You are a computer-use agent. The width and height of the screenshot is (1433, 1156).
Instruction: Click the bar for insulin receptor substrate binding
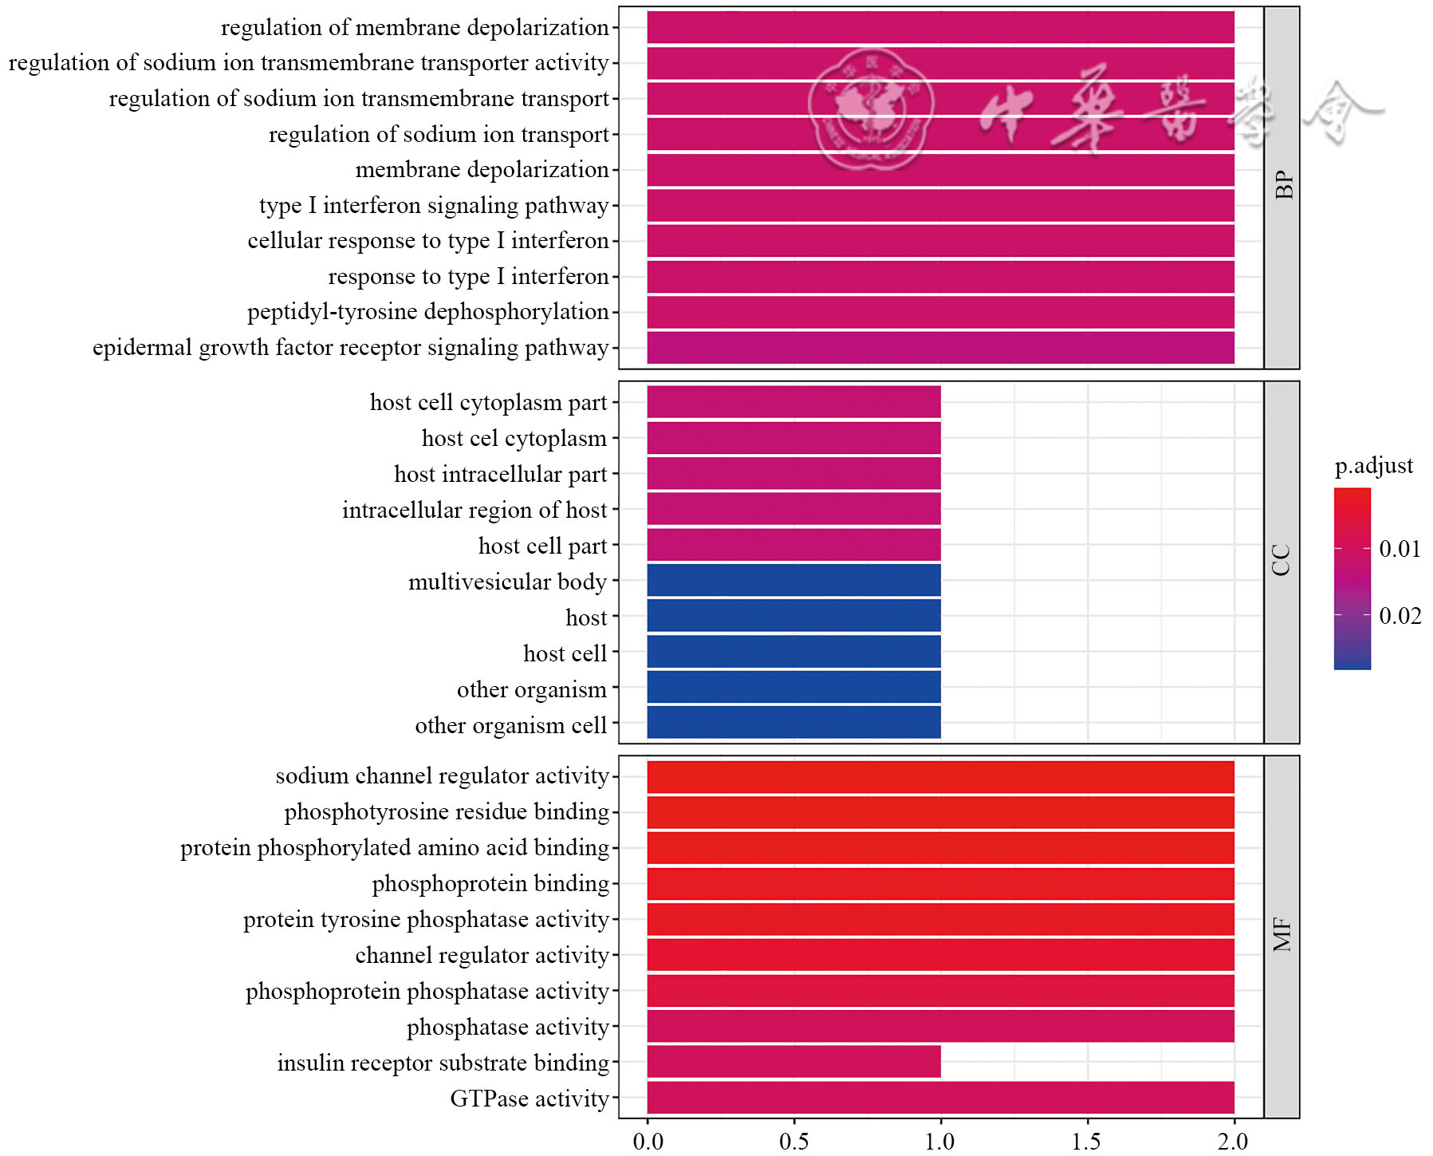(x=793, y=1062)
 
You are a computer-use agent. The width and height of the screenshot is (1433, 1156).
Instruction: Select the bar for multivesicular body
(x=793, y=580)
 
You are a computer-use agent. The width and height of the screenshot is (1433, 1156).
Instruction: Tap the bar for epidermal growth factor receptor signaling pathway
(x=940, y=348)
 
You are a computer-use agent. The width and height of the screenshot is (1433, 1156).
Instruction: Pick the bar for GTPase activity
(x=940, y=1098)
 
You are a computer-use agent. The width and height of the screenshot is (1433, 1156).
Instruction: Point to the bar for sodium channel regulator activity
(x=940, y=777)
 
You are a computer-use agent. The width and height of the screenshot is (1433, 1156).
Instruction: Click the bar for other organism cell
(x=793, y=723)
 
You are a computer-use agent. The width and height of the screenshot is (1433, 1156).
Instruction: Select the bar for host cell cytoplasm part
(x=793, y=402)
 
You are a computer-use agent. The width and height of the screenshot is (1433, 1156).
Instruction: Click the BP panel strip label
(x=1282, y=187)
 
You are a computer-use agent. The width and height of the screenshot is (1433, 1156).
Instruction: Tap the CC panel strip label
(x=1282, y=561)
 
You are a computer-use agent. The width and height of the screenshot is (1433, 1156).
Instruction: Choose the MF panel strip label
(x=1282, y=935)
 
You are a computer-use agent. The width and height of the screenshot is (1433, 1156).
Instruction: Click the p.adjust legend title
(x=1373, y=466)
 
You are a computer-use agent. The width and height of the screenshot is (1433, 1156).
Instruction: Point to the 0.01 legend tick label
(x=1400, y=549)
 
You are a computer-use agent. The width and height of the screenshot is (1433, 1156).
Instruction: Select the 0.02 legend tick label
(x=1400, y=616)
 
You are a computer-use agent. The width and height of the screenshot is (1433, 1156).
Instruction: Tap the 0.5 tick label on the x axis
(x=794, y=1142)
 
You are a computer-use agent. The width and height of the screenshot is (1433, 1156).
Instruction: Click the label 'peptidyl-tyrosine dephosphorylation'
(x=427, y=312)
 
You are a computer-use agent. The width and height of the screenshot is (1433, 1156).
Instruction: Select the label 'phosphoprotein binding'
(x=490, y=884)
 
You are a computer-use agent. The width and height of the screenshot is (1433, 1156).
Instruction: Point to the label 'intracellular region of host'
(x=474, y=510)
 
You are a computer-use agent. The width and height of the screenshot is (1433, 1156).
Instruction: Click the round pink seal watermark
(x=871, y=109)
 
